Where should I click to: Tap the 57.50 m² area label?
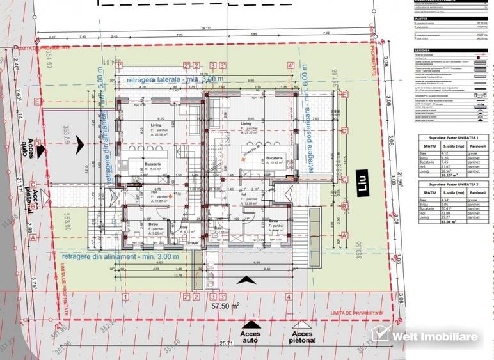[x=220, y=306]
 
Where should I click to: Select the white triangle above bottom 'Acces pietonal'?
[x=303, y=324]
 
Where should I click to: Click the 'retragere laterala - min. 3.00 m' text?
[x=170, y=79]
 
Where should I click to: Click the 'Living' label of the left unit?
[x=157, y=125]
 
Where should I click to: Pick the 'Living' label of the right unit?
[x=246, y=123]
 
